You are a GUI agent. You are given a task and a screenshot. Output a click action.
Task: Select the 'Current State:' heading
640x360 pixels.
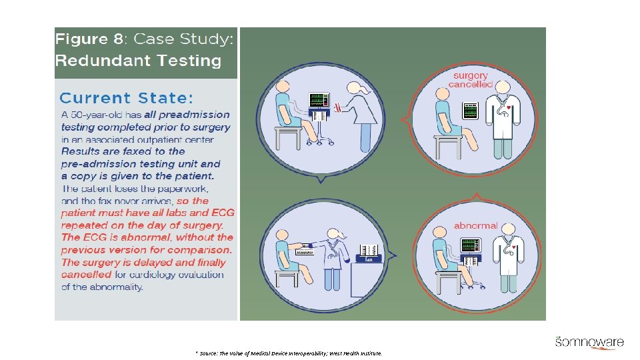pyautogui.click(x=126, y=98)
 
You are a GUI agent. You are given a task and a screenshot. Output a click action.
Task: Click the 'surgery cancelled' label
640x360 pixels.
pyautogui.click(x=471, y=80)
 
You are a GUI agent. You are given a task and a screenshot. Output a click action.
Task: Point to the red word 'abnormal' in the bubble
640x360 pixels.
pyautogui.click(x=476, y=225)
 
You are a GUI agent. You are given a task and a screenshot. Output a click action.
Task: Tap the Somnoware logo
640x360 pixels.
pyautogui.click(x=589, y=343)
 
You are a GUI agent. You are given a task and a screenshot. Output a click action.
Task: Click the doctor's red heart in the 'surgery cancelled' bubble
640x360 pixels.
pyautogui.click(x=509, y=106)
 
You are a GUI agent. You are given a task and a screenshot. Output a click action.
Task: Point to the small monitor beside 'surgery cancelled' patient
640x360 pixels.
pyautogui.click(x=471, y=111)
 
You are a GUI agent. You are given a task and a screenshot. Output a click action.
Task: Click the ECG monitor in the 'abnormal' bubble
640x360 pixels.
pyautogui.click(x=471, y=245)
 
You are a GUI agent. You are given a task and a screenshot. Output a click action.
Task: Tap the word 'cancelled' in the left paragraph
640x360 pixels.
pyautogui.click(x=87, y=274)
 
